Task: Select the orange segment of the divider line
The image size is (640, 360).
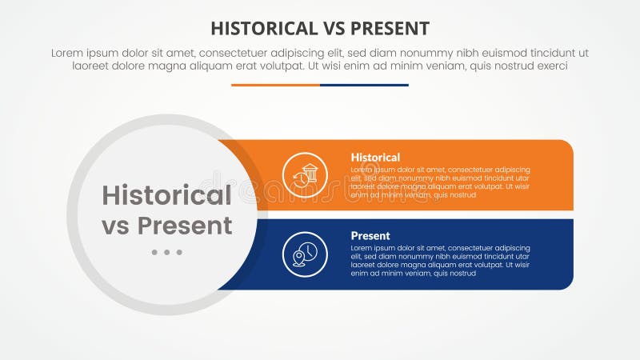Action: point(275,85)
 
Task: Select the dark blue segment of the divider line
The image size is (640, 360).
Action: point(364,85)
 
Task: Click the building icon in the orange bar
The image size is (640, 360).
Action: point(305,174)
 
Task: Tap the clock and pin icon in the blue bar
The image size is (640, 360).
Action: point(305,254)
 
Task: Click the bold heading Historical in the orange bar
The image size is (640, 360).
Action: point(375,158)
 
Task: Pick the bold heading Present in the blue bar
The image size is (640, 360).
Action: point(370,236)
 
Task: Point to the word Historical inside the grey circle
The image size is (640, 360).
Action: point(166,195)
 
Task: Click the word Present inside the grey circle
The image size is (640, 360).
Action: point(185,226)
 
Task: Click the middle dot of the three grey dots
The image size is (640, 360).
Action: point(166,252)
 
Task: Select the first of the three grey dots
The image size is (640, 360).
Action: point(154,252)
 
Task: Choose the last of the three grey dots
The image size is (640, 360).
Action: point(179,252)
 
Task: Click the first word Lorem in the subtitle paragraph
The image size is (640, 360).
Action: point(68,53)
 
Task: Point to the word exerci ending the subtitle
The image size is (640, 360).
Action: point(550,66)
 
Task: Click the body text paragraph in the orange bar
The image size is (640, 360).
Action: point(440,182)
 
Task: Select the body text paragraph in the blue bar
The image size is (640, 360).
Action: point(440,261)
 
